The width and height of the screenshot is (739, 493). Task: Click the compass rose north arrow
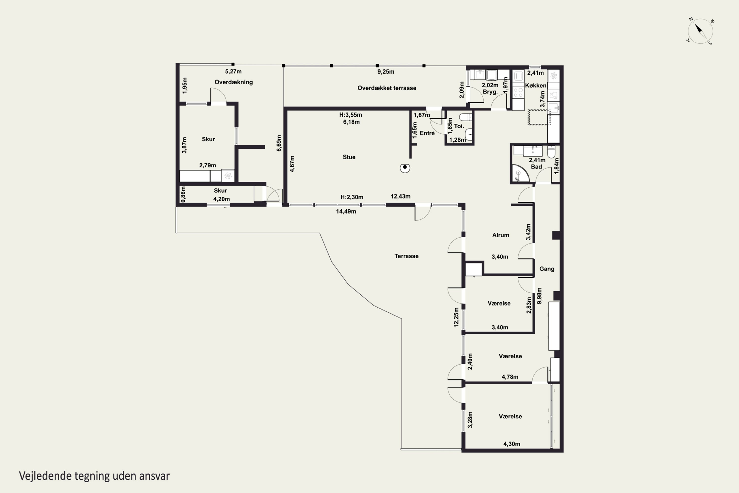[x=698, y=29]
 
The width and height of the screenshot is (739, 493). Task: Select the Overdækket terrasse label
[x=387, y=88]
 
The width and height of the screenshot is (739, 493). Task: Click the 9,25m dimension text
[x=386, y=72]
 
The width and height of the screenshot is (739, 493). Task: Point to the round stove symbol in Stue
[x=405, y=168]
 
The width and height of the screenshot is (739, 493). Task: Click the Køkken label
[x=536, y=86]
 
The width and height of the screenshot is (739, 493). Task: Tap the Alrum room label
[x=501, y=235]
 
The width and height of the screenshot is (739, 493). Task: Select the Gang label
[x=547, y=269]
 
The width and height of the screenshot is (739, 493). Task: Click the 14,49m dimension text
[x=346, y=211]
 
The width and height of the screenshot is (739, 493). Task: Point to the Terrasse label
[x=407, y=256]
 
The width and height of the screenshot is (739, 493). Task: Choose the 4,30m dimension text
[x=512, y=444]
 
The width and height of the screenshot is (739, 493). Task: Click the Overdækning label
[x=234, y=82]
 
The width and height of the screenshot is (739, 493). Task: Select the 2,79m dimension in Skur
[x=208, y=165]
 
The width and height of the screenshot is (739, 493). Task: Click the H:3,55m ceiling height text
[x=351, y=115]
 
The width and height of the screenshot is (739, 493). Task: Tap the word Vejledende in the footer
[x=45, y=476]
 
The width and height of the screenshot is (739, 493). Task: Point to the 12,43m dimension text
[x=401, y=196]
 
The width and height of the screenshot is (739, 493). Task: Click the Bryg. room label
[x=490, y=92]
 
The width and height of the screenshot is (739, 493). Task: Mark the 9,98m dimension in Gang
[x=539, y=296]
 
